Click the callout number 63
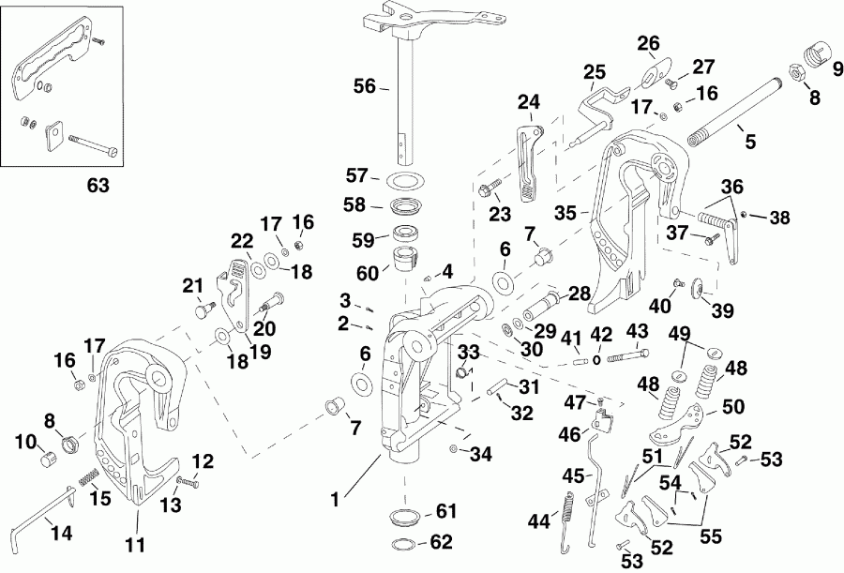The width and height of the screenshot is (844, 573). (x=97, y=186)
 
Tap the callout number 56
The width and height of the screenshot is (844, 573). (x=365, y=86)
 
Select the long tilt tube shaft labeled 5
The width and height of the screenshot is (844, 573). (x=741, y=110)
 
